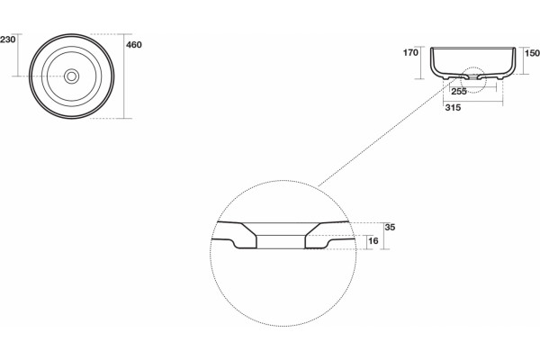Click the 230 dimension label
[x=7, y=40]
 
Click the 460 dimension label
[x=134, y=45]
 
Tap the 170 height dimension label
[x=410, y=53]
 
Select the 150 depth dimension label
[x=532, y=53]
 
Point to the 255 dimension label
[x=459, y=91]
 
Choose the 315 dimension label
[x=453, y=108]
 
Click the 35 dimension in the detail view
[x=390, y=228]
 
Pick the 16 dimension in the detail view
[x=373, y=241]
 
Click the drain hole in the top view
[x=72, y=76]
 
